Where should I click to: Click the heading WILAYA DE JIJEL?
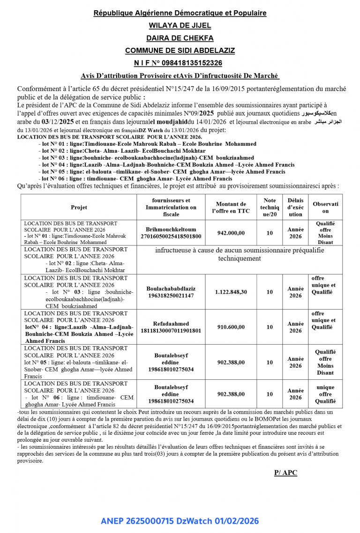(180, 26)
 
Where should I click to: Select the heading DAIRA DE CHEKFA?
(180, 38)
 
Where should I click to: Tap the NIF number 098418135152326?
(180, 63)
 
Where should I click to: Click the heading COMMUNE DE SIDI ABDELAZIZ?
(180, 51)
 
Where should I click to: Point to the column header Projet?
(79, 207)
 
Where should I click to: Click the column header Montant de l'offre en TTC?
(230, 207)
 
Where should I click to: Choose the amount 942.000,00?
(230, 233)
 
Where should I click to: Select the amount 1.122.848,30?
(231, 292)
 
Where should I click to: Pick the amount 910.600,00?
(230, 327)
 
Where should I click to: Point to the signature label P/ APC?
(285, 473)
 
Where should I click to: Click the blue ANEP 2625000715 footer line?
(180, 521)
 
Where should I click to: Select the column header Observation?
(325, 207)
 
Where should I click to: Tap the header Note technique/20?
(270, 207)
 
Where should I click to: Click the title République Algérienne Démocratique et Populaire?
(180, 13)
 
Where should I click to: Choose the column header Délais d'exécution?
(295, 207)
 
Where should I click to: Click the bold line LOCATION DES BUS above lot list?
(109, 137)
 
